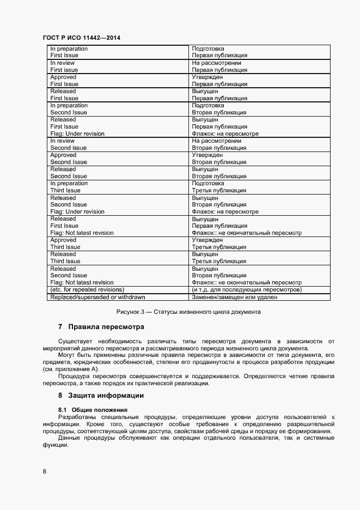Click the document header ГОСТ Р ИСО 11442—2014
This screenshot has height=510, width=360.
click(82, 38)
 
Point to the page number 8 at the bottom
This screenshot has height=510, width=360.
click(44, 471)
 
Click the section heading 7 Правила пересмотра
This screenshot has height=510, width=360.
click(101, 327)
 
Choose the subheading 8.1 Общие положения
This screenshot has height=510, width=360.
click(93, 409)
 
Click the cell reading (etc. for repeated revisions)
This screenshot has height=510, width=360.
click(87, 290)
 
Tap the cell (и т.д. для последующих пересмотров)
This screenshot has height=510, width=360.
click(247, 290)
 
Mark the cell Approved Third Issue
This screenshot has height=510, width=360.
click(65, 244)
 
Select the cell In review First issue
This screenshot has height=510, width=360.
click(64, 66)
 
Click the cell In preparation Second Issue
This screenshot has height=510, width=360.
click(69, 109)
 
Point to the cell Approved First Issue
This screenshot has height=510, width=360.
click(64, 81)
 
